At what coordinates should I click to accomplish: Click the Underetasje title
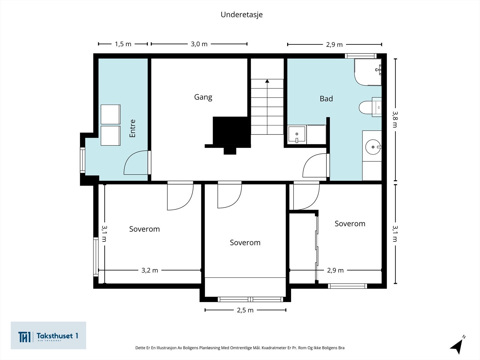[x=241, y=15]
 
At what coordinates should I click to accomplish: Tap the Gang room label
[x=203, y=97]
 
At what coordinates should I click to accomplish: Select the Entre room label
[x=133, y=128]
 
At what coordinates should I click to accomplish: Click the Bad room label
[x=326, y=99]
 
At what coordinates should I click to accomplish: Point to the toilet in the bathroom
[x=370, y=107]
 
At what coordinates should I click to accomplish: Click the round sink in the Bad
[x=373, y=147]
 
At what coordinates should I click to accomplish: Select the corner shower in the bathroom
[x=368, y=72]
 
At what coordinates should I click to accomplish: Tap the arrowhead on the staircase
[x=267, y=81]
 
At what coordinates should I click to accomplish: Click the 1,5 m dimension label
[x=123, y=44]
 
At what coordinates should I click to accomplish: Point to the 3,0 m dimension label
[x=199, y=44]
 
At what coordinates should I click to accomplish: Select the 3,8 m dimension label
[x=395, y=119]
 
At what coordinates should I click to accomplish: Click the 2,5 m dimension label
[x=245, y=310]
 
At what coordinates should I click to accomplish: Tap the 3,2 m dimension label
[x=150, y=270]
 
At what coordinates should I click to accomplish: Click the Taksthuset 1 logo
[x=48, y=335]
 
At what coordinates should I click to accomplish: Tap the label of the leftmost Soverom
[x=144, y=229]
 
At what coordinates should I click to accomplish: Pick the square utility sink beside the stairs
[x=297, y=134]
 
